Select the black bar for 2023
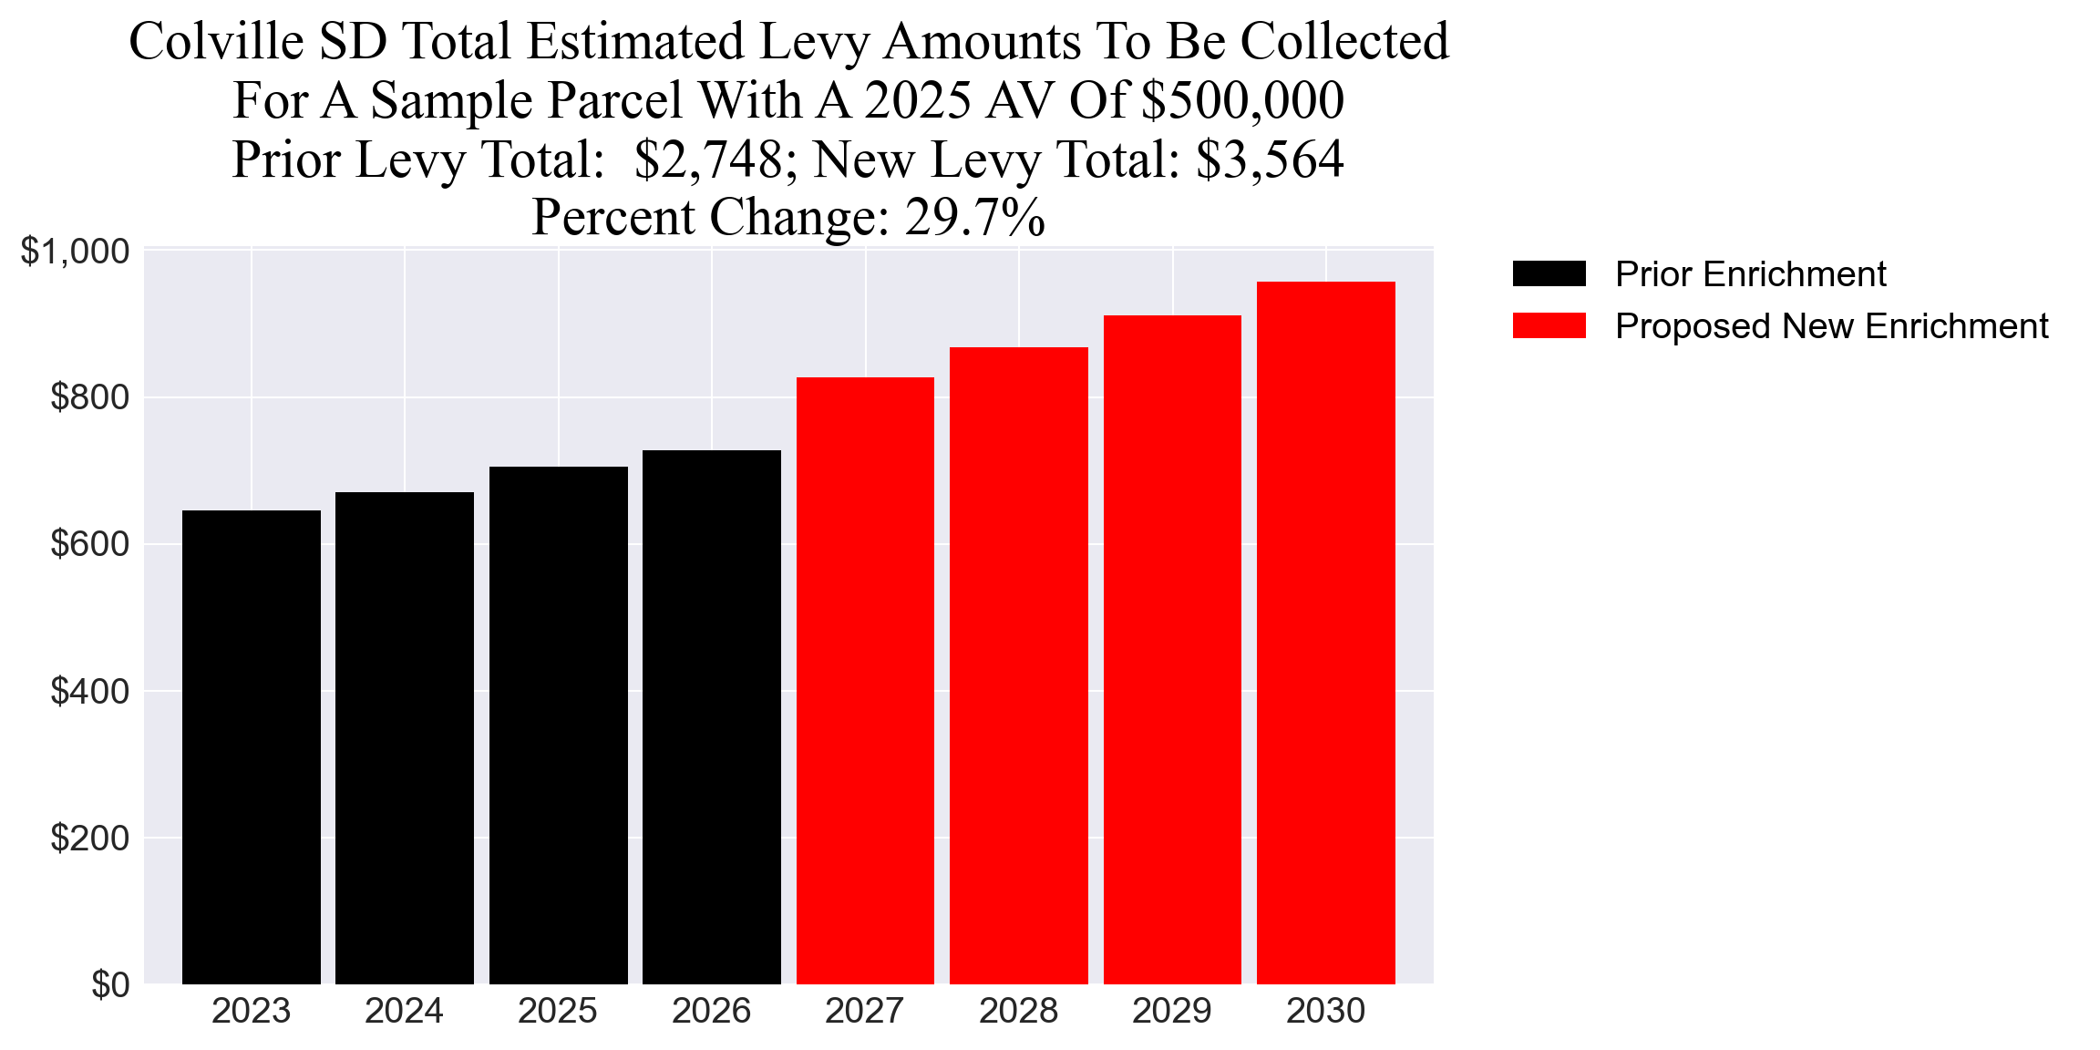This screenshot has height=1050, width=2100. (x=252, y=747)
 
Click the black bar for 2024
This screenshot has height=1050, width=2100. (x=405, y=738)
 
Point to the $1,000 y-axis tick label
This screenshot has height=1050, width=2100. (x=75, y=252)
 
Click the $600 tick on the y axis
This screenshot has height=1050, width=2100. (x=89, y=544)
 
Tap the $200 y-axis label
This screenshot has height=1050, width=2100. (x=89, y=838)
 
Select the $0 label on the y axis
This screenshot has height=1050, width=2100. (x=109, y=985)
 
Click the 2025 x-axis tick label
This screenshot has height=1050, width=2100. (x=558, y=1011)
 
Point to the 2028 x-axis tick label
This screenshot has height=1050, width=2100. (x=1018, y=1011)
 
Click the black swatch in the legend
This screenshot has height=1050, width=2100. (x=1549, y=273)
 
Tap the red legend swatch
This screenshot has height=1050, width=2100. (x=1549, y=325)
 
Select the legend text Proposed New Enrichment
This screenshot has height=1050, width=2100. (x=1831, y=325)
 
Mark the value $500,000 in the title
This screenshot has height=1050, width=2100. (x=1242, y=100)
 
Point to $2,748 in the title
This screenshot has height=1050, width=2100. (x=708, y=160)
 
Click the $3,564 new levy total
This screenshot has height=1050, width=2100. (x=1270, y=160)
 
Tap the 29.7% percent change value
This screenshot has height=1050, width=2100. (x=974, y=218)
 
